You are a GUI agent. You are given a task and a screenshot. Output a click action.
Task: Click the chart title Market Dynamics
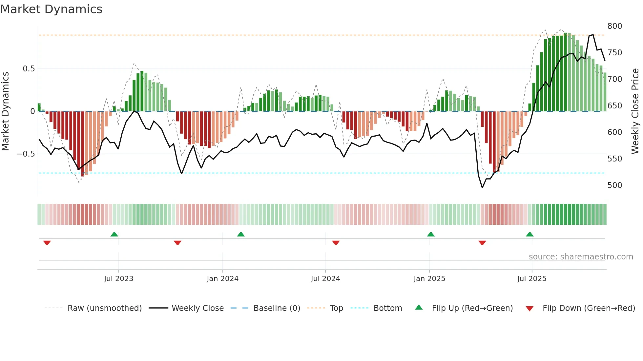pos(51,9)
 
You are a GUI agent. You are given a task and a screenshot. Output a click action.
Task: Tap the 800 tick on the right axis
pos(614,26)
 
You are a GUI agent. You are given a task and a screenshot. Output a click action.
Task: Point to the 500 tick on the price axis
pos(614,185)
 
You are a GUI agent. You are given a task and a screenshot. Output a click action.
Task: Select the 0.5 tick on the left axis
pos(29,69)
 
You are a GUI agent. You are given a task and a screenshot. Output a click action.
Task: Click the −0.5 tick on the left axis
pos(26,154)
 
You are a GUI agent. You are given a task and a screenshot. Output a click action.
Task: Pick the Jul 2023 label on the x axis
pos(118,279)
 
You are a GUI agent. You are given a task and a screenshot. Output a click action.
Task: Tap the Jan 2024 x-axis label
pos(222,279)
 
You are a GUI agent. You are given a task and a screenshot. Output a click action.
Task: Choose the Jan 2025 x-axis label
pos(429,279)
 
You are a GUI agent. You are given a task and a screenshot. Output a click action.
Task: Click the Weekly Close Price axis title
pos(635,111)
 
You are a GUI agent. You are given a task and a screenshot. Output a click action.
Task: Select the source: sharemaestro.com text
pos(581,257)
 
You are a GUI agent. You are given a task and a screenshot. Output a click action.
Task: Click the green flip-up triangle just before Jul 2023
pos(114,235)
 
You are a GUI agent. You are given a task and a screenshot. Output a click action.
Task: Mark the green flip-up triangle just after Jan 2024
pos(241,235)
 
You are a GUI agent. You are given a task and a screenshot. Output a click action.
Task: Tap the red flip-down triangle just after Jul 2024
pos(336,243)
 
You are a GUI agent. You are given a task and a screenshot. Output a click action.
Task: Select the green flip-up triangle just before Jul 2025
pos(529,235)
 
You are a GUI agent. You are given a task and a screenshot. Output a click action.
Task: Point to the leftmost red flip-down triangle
pos(47,243)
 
